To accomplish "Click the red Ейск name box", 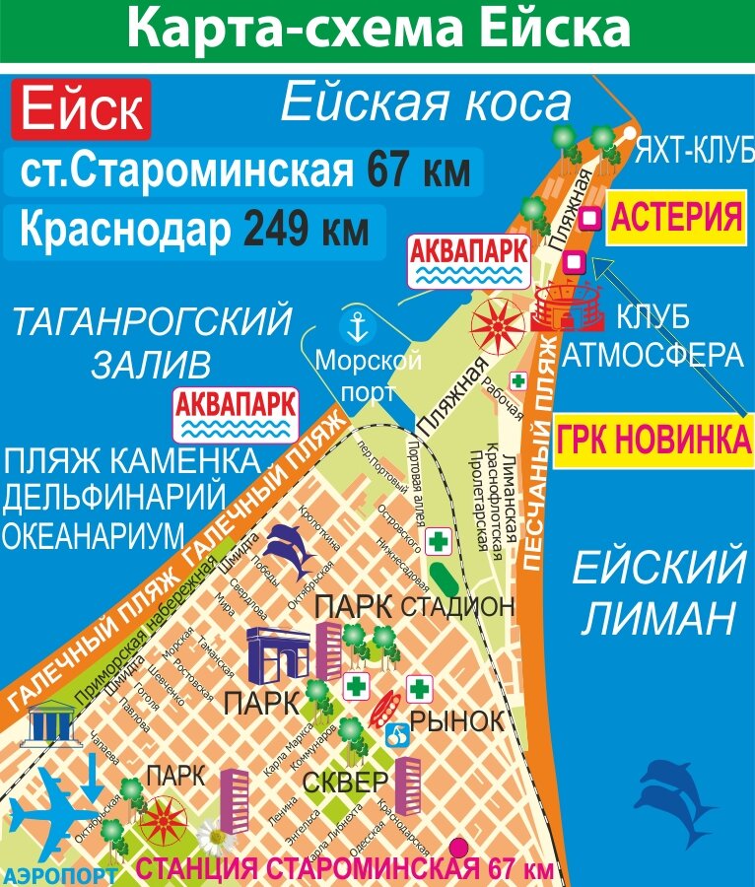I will (x=80, y=109).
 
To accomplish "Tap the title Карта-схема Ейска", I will (x=377, y=29).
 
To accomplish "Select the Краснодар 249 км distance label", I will (x=194, y=231).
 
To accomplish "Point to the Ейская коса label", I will (x=426, y=102).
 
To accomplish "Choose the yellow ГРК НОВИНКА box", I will (x=653, y=440).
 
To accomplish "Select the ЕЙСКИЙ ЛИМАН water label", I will (x=658, y=595).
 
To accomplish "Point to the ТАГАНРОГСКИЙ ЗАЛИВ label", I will (x=151, y=342).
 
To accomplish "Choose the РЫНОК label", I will (x=455, y=720).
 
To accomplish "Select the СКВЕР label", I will (x=339, y=784).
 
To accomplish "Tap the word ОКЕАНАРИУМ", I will (x=93, y=535).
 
